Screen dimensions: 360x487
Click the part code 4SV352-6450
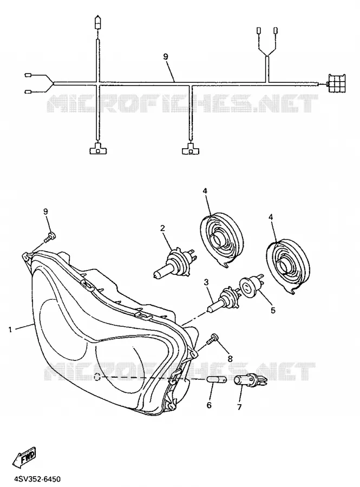tap(32, 479)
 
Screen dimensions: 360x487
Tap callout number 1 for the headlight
tap(10, 330)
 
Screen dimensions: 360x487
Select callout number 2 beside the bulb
tap(162, 228)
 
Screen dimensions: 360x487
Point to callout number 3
tap(206, 282)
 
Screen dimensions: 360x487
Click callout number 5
tap(272, 310)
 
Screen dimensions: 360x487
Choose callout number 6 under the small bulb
tap(209, 405)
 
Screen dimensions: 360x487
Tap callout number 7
tap(239, 406)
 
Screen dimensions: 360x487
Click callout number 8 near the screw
tap(230, 358)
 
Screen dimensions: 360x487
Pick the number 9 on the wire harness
tap(166, 56)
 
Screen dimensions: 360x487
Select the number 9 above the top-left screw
tap(45, 212)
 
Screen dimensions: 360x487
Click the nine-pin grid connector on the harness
tap(336, 83)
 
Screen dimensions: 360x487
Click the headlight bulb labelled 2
tap(174, 261)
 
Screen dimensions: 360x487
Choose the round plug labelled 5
tap(250, 285)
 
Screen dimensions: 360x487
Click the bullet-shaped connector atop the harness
tap(98, 22)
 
